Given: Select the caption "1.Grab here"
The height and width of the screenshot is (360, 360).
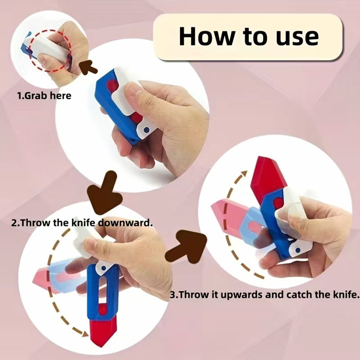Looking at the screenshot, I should (x=44, y=96).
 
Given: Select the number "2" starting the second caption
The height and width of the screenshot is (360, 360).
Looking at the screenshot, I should (x=13, y=222).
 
